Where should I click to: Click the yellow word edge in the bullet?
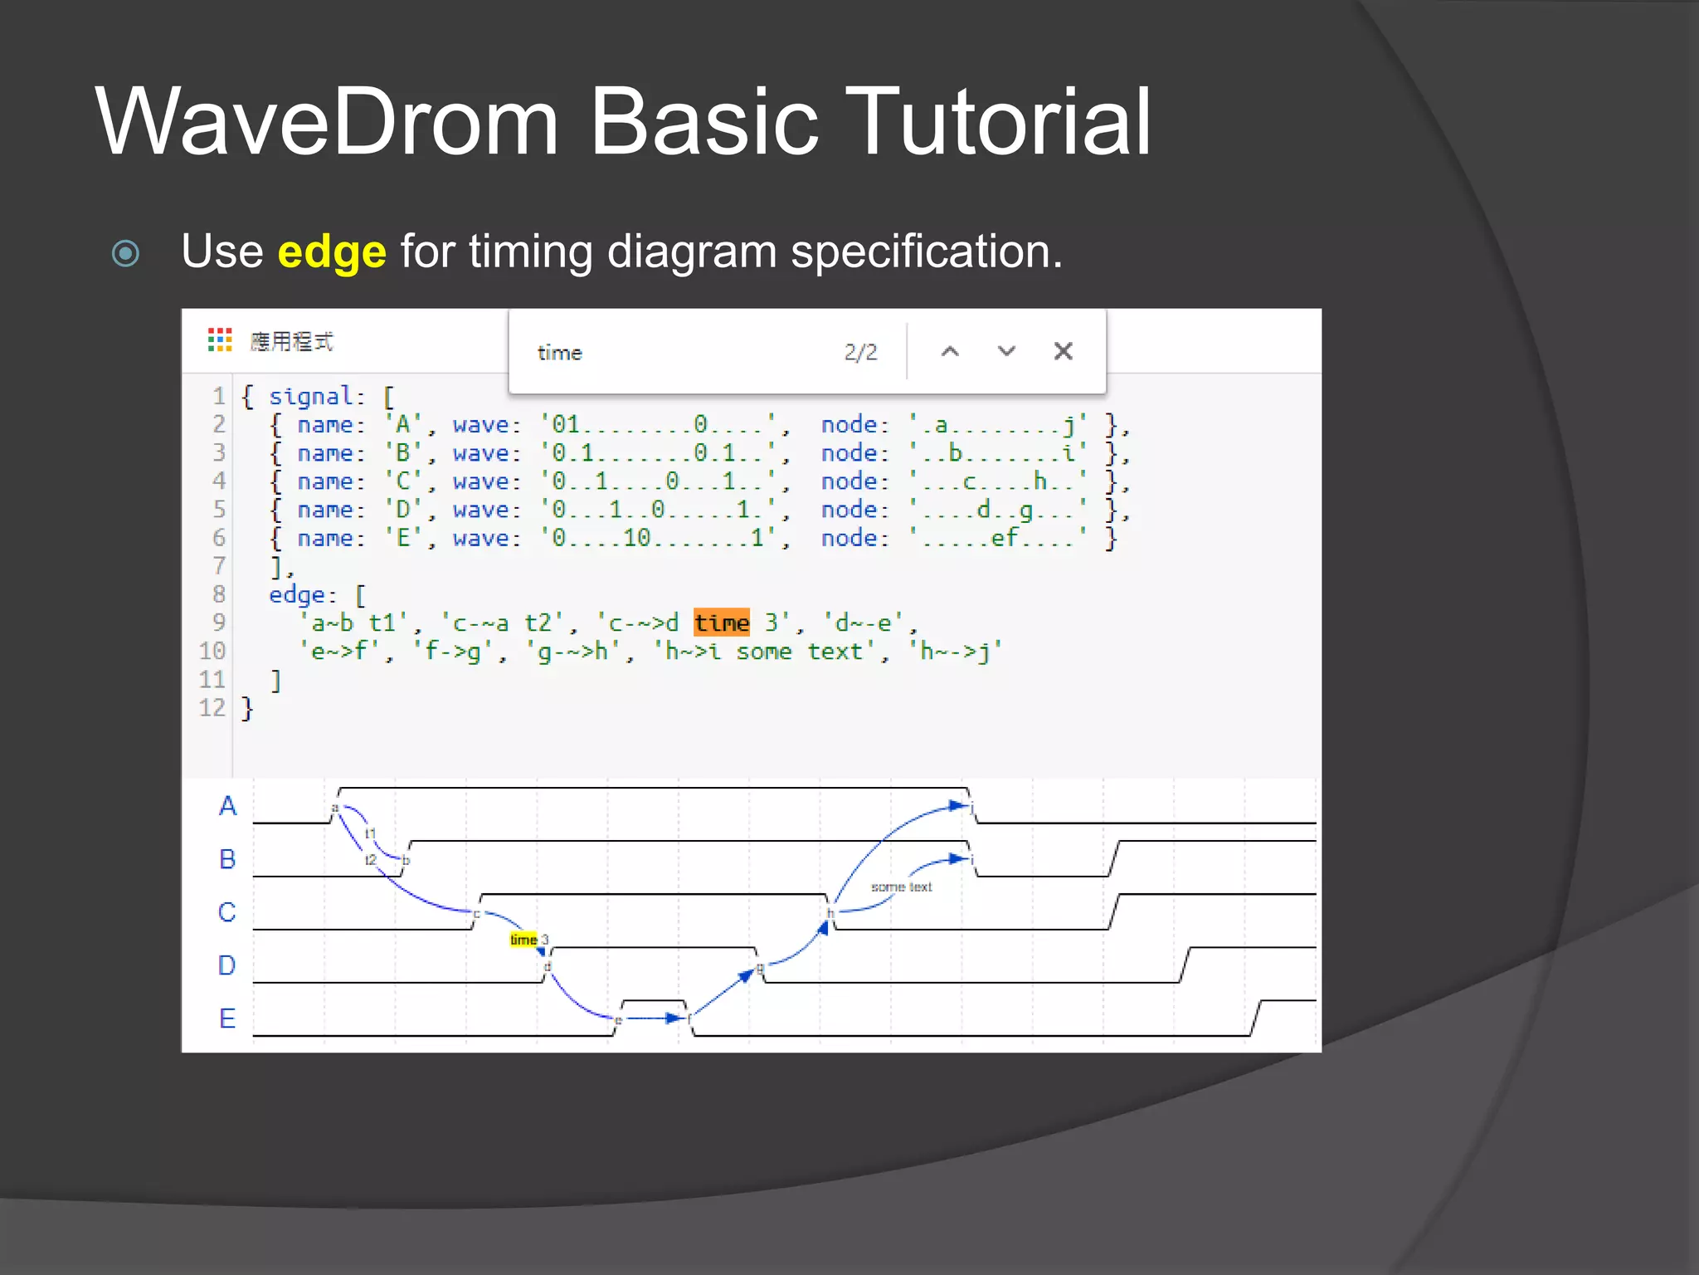point(332,252)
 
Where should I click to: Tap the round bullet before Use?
point(125,253)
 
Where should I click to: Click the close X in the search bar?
point(1063,351)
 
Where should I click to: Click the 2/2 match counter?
point(860,353)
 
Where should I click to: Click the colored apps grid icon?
point(220,340)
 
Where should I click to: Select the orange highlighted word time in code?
point(721,623)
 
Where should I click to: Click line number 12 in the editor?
point(212,708)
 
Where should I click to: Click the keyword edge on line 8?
point(296,595)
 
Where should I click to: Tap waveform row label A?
point(227,806)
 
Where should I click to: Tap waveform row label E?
point(227,1019)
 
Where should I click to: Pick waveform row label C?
point(227,912)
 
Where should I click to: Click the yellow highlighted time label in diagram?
point(523,940)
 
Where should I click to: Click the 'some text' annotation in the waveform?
point(901,887)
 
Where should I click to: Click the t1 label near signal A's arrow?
point(371,833)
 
